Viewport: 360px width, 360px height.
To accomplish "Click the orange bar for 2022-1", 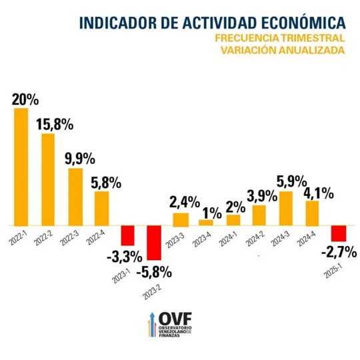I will pyautogui.click(x=21, y=167).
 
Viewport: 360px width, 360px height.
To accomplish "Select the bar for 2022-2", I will pyautogui.click(x=48, y=179).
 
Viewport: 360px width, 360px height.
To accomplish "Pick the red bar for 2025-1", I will pyautogui.click(x=338, y=233).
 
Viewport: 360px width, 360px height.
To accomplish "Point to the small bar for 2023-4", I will pyautogui.click(x=207, y=222).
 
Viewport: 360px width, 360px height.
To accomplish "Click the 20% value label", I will pyautogui.click(x=25, y=99).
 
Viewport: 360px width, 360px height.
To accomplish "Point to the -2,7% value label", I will pyautogui.click(x=338, y=252).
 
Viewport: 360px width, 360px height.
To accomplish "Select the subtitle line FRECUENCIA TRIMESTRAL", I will pyautogui.click(x=280, y=39).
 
